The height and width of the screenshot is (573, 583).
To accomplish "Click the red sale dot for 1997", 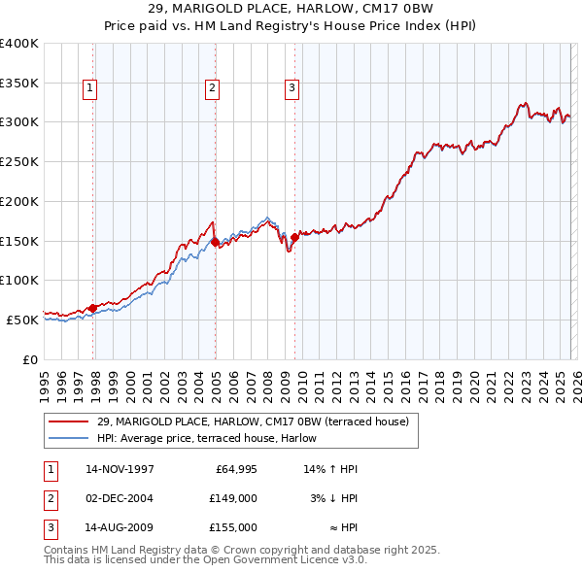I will click(93, 308).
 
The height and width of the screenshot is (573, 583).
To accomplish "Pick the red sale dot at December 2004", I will click(215, 242).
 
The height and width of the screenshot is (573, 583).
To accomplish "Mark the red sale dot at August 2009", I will click(294, 236).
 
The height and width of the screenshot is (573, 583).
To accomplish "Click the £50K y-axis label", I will click(22, 319).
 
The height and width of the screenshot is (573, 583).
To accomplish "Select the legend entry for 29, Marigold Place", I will click(253, 421).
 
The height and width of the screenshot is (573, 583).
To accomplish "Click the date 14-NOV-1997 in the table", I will click(120, 469).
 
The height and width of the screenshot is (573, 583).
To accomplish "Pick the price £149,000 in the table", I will click(233, 498).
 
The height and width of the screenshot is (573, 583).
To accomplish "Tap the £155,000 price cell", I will click(233, 527).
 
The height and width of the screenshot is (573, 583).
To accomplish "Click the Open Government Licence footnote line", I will click(205, 560).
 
